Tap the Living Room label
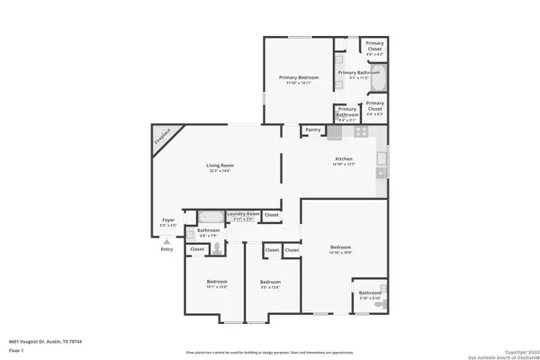pos(220,166)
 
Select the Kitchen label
pos(344,159)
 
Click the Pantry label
pos(313,130)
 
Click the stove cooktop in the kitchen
pos(360,131)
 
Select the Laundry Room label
pos(243,213)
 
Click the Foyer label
pos(167,219)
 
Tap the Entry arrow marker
pos(166,241)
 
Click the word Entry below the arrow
pos(166,249)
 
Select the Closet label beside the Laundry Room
pos(272,215)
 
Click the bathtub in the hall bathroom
pos(211,217)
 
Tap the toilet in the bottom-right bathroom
pos(379,307)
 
